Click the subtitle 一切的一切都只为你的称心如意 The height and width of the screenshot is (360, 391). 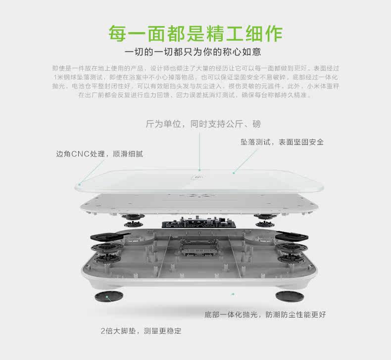coord(195,52)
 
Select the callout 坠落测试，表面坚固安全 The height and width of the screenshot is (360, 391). coord(282,142)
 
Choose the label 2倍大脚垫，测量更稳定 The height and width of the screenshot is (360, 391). coord(141,330)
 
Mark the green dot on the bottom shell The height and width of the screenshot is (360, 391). coord(233,294)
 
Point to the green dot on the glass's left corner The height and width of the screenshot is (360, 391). coord(79,183)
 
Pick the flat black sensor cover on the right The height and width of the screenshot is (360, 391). coord(291,236)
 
